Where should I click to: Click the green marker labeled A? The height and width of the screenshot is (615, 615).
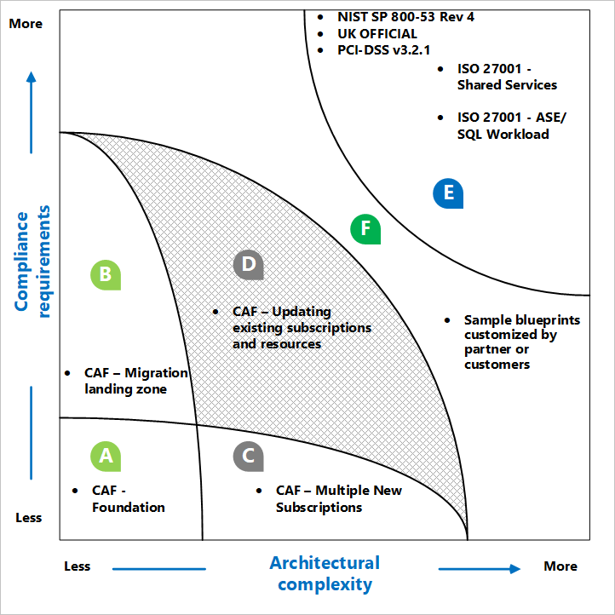106,456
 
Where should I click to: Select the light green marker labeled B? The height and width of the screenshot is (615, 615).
106,273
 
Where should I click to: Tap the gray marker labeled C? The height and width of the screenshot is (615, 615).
248,456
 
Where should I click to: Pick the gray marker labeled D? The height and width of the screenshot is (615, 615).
248,264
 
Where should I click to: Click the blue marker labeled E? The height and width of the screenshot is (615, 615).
448,193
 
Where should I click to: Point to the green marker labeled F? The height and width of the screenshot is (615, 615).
365,228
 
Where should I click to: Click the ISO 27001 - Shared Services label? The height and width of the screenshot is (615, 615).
507,77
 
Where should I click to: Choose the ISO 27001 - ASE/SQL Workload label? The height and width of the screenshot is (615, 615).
511,125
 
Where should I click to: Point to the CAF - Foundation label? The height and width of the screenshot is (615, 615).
129,499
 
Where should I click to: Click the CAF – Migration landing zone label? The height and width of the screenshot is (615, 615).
135,381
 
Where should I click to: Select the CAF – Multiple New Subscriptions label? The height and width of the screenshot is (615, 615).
338,499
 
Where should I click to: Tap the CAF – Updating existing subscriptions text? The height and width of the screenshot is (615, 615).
302,328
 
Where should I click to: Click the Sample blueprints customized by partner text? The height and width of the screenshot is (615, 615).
521,342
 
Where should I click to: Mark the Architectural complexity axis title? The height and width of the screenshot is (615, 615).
325,573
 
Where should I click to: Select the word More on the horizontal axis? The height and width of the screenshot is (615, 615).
560,566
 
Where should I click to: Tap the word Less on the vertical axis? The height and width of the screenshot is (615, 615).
28,518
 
